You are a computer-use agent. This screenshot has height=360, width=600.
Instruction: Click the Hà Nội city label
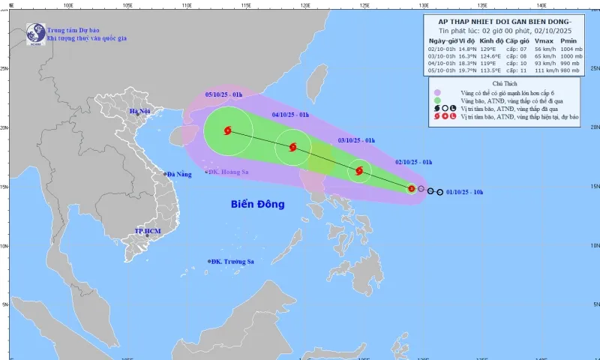coord(140,111)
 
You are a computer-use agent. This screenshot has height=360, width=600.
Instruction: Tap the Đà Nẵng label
coord(181,174)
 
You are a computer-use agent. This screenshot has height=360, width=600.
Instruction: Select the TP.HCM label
coord(148,232)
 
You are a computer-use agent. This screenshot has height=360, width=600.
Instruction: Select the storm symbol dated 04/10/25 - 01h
coord(292,147)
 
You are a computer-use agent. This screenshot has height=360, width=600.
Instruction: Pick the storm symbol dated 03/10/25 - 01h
coord(360,171)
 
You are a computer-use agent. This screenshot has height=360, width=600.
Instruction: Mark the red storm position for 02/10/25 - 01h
coord(412,188)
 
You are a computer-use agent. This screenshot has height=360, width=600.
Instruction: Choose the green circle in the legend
coord(437,100)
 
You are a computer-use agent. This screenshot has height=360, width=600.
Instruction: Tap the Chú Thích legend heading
coord(505,83)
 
